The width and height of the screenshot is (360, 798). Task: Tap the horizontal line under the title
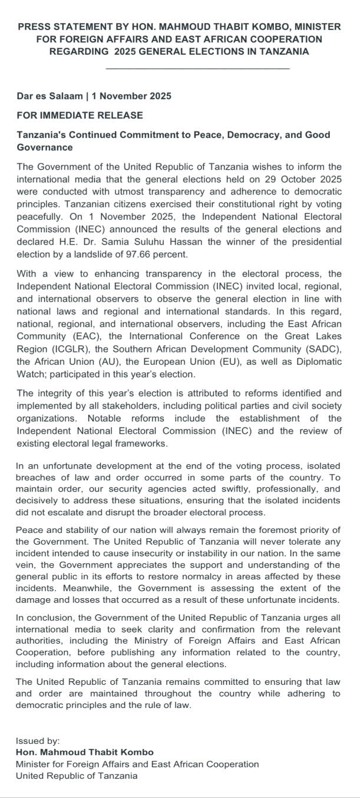197,69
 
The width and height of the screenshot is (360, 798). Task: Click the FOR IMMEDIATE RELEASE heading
80,115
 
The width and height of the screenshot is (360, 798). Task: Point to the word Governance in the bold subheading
45,147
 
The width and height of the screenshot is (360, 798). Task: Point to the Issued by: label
38,741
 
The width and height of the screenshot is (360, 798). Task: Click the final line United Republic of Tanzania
77,776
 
